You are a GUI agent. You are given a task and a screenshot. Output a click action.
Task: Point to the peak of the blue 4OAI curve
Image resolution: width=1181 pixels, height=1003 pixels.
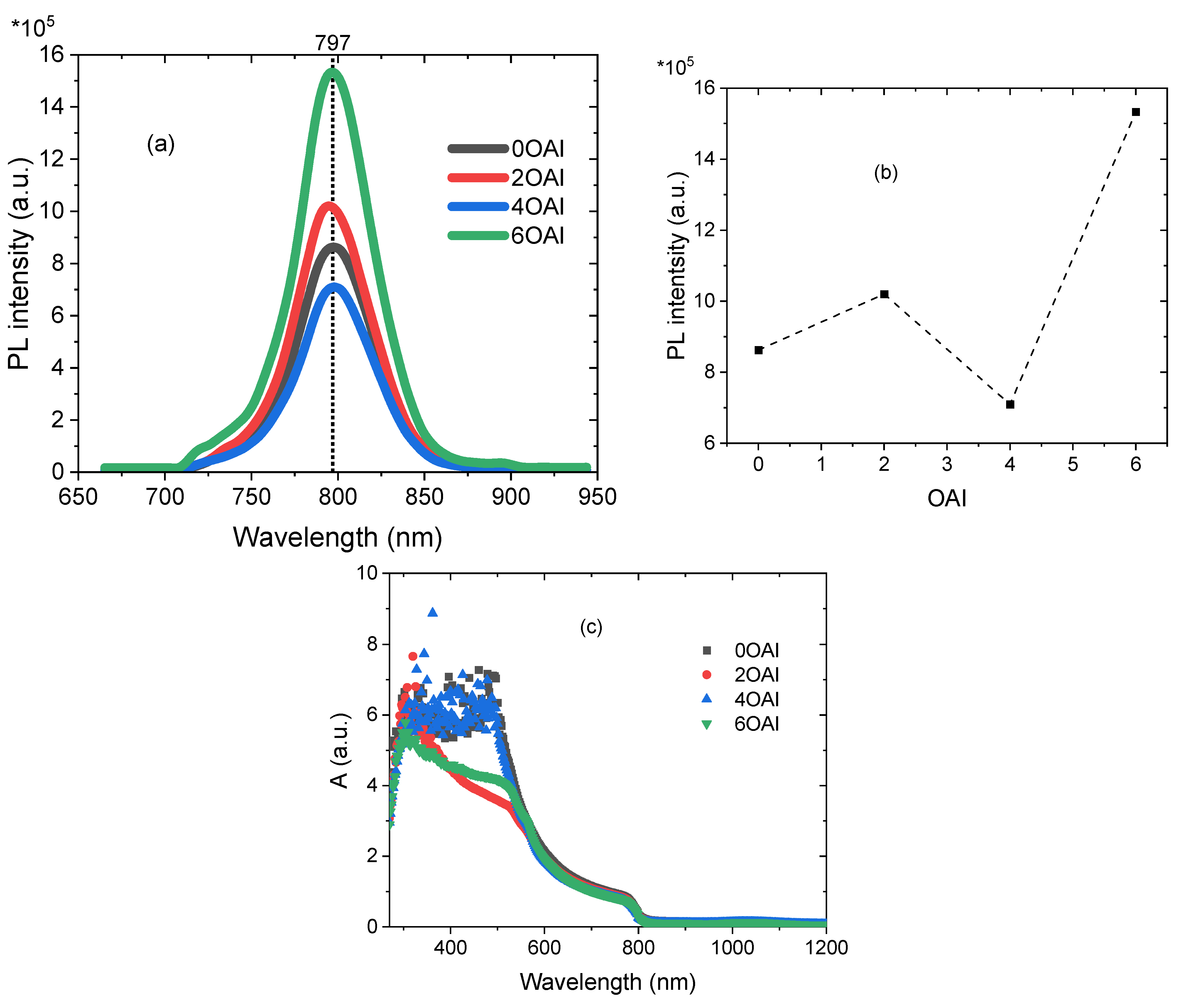click(335, 286)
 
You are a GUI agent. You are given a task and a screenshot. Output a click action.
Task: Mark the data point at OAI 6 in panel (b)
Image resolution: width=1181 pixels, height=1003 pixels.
click(1136, 112)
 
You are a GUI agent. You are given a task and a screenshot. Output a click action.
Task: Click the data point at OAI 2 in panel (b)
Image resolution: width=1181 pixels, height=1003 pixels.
click(884, 294)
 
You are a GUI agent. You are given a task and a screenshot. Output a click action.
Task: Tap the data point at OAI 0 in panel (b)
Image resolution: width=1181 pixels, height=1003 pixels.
click(758, 350)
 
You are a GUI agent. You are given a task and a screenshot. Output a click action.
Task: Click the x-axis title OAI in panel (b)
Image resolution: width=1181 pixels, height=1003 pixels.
click(946, 499)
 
